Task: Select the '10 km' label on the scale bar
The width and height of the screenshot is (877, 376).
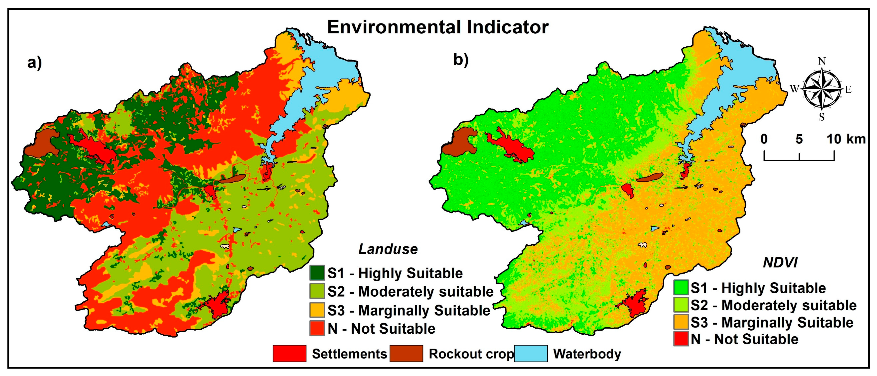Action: (846, 139)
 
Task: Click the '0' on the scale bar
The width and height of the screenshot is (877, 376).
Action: (764, 139)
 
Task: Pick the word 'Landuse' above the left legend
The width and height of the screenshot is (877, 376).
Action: (388, 249)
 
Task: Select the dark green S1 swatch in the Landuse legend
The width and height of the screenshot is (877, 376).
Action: (317, 273)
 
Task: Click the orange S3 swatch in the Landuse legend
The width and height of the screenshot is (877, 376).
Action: (317, 310)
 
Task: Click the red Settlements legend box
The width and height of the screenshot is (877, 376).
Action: (289, 353)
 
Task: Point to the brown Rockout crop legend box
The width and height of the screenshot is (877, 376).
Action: (406, 353)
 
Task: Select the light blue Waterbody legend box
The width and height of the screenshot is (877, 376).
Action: (530, 353)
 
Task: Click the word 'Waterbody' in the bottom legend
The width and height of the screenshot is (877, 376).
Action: (587, 354)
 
